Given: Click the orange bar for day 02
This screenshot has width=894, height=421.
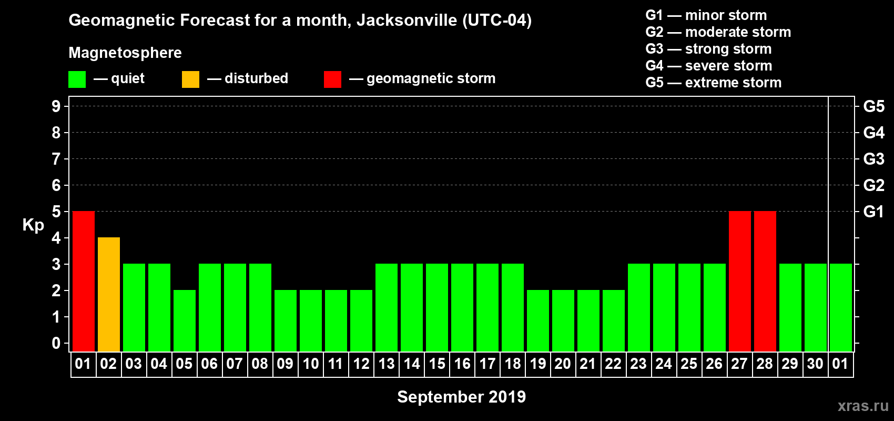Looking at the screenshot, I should [x=109, y=294].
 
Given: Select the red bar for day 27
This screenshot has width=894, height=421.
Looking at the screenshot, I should [x=740, y=281].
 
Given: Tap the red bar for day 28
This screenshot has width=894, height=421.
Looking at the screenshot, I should [x=765, y=281].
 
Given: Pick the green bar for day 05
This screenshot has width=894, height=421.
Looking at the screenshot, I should [x=185, y=320].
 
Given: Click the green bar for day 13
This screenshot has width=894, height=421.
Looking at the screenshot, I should [x=387, y=307].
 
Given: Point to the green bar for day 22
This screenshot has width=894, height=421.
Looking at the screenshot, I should [x=614, y=320].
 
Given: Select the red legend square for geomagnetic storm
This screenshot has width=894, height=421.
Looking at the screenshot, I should [x=332, y=79].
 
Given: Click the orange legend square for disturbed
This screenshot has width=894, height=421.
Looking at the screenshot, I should [x=190, y=79].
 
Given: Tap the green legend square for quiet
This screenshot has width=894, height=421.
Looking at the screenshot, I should [x=77, y=79].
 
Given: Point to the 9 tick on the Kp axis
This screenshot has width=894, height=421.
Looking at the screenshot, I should [x=56, y=106].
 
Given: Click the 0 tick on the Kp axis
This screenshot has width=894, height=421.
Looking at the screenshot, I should [x=56, y=343].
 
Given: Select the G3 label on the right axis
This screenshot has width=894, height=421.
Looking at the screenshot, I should [x=873, y=159].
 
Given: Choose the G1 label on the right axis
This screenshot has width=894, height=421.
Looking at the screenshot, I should [x=873, y=212].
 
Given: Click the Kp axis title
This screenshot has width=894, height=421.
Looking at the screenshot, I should [x=33, y=225].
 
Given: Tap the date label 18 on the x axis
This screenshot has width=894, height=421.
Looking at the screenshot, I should [x=513, y=364].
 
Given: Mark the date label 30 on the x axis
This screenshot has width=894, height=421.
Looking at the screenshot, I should [x=815, y=364].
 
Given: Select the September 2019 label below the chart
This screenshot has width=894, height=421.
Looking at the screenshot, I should [x=461, y=397].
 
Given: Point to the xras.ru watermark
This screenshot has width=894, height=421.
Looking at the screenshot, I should [x=863, y=406].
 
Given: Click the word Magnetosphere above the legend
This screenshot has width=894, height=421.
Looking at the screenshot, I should [x=125, y=53].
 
